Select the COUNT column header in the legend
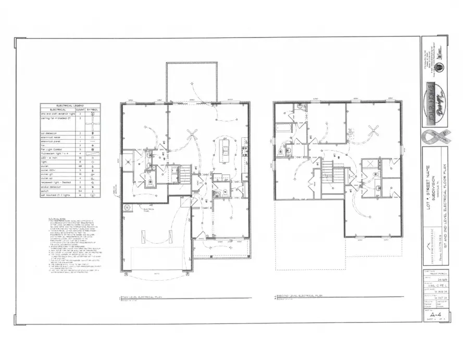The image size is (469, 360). (x=80, y=109)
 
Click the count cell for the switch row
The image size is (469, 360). (x=80, y=192)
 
